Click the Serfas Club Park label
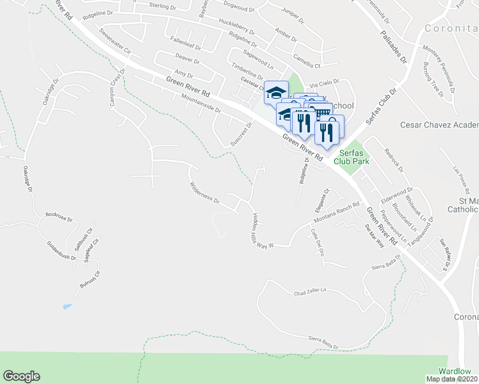click(350, 157)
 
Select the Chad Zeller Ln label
click(311, 292)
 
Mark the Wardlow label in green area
click(455, 371)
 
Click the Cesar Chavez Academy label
click(439, 125)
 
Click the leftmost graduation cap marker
click(276, 93)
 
